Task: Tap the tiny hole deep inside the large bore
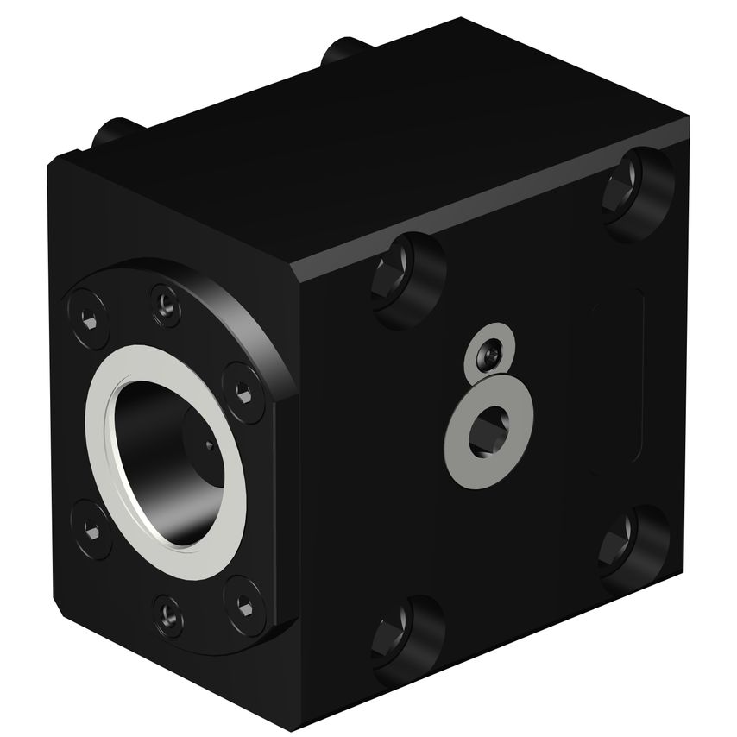pyautogui.click(x=210, y=446)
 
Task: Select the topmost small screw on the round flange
pyautogui.click(x=165, y=301)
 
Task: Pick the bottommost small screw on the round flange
pyautogui.click(x=167, y=614)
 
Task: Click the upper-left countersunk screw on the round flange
pyautogui.click(x=84, y=322)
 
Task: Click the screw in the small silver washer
pyautogui.click(x=488, y=354)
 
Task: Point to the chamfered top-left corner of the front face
pyautogui.click(x=65, y=164)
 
